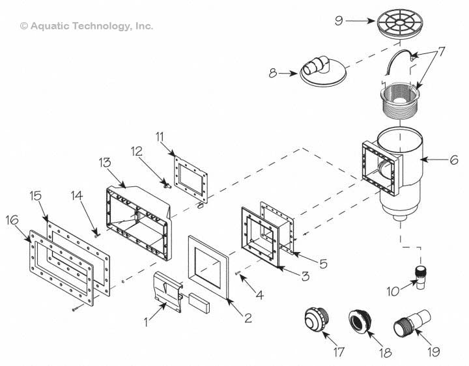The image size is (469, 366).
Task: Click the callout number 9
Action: coord(339,21)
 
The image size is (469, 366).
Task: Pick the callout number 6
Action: coord(453,158)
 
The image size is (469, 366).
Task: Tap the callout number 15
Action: coord(35,195)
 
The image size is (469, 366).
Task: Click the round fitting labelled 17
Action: coord(318,322)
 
